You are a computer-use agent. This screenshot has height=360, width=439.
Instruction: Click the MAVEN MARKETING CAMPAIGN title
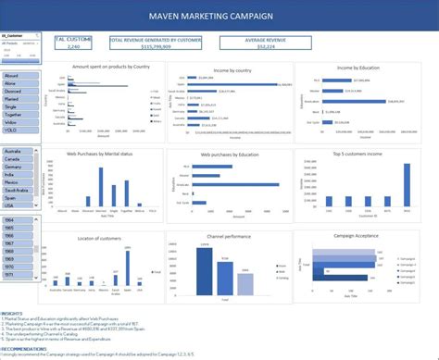point(219,16)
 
